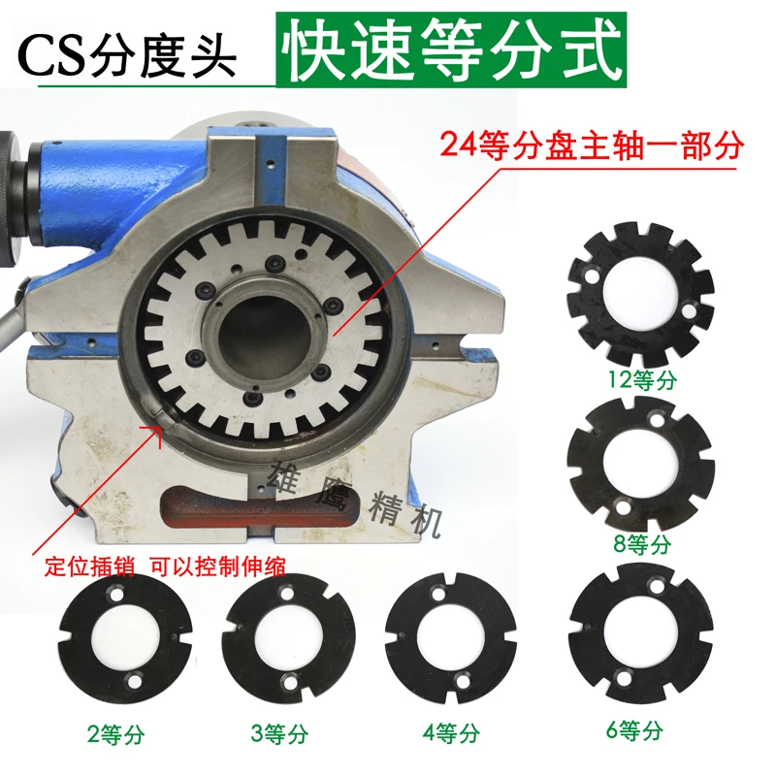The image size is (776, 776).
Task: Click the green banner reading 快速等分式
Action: pos(448,50)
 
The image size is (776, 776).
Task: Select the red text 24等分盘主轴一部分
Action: pos(591,146)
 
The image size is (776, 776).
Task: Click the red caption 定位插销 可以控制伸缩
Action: pos(166,568)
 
